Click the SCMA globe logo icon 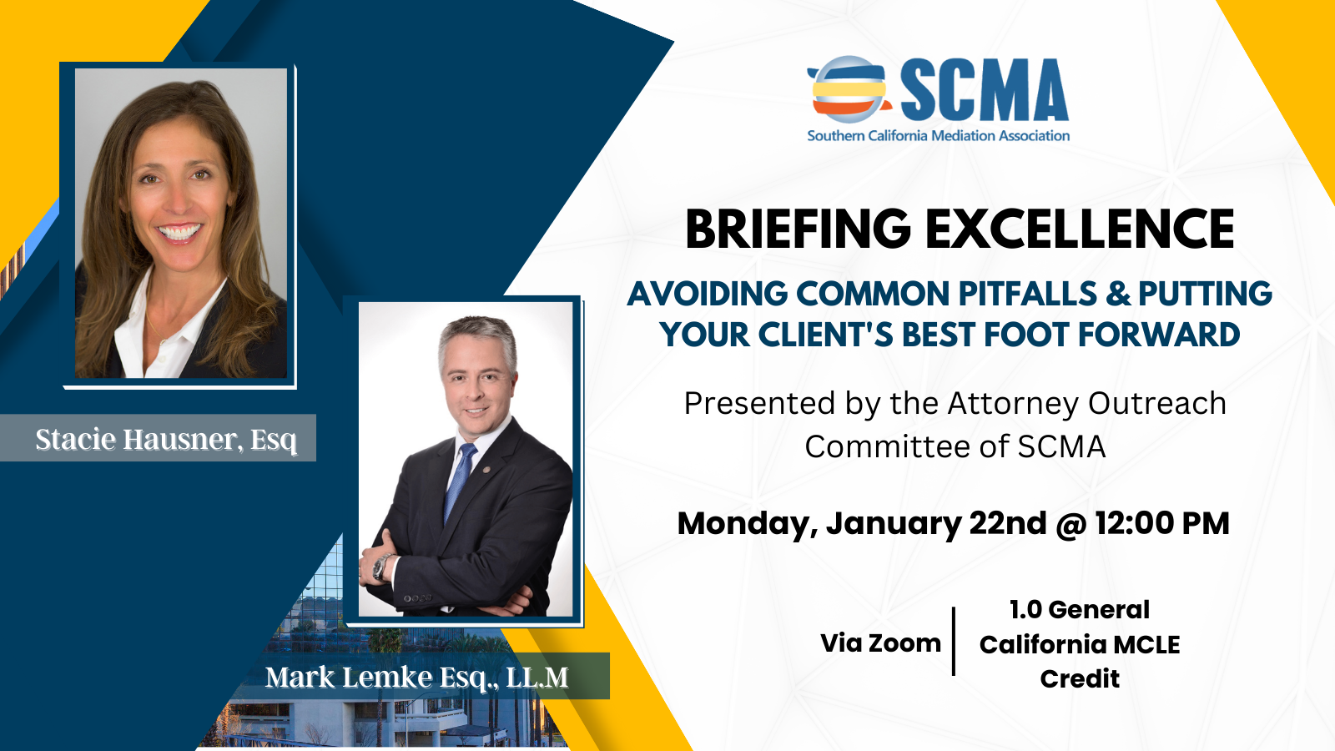[849, 89]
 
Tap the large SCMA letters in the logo [984, 90]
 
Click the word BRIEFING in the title [798, 229]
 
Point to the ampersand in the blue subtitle [1118, 294]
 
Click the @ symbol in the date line [1071, 524]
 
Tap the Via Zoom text [880, 643]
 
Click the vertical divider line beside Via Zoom [954, 642]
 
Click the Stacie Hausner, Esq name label [166, 440]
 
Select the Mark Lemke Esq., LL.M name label [417, 677]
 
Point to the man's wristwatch [381, 566]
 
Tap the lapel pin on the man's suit [487, 470]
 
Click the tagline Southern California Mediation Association [938, 136]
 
